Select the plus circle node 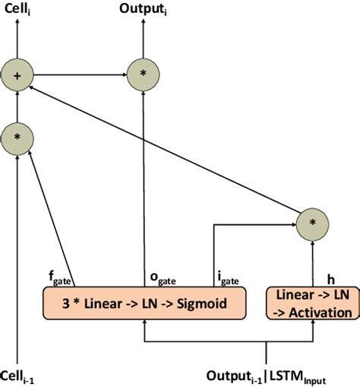(17, 75)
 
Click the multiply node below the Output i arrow (141, 75)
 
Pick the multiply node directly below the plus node (17, 137)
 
